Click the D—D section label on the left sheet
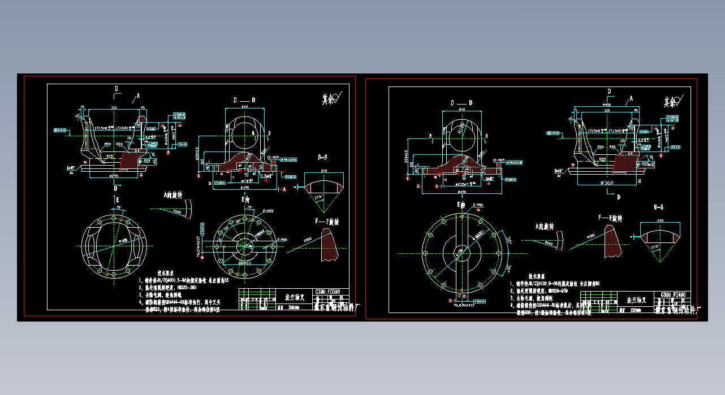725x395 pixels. tap(244, 100)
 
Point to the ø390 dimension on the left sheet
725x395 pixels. tap(245, 186)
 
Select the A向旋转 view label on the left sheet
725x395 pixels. tap(173, 196)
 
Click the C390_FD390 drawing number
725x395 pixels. tap(326, 293)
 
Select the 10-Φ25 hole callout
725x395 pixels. tap(499, 160)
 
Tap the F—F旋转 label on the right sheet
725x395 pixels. tap(610, 218)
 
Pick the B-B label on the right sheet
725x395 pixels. tap(658, 207)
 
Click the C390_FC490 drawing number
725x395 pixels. tap(673, 294)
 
